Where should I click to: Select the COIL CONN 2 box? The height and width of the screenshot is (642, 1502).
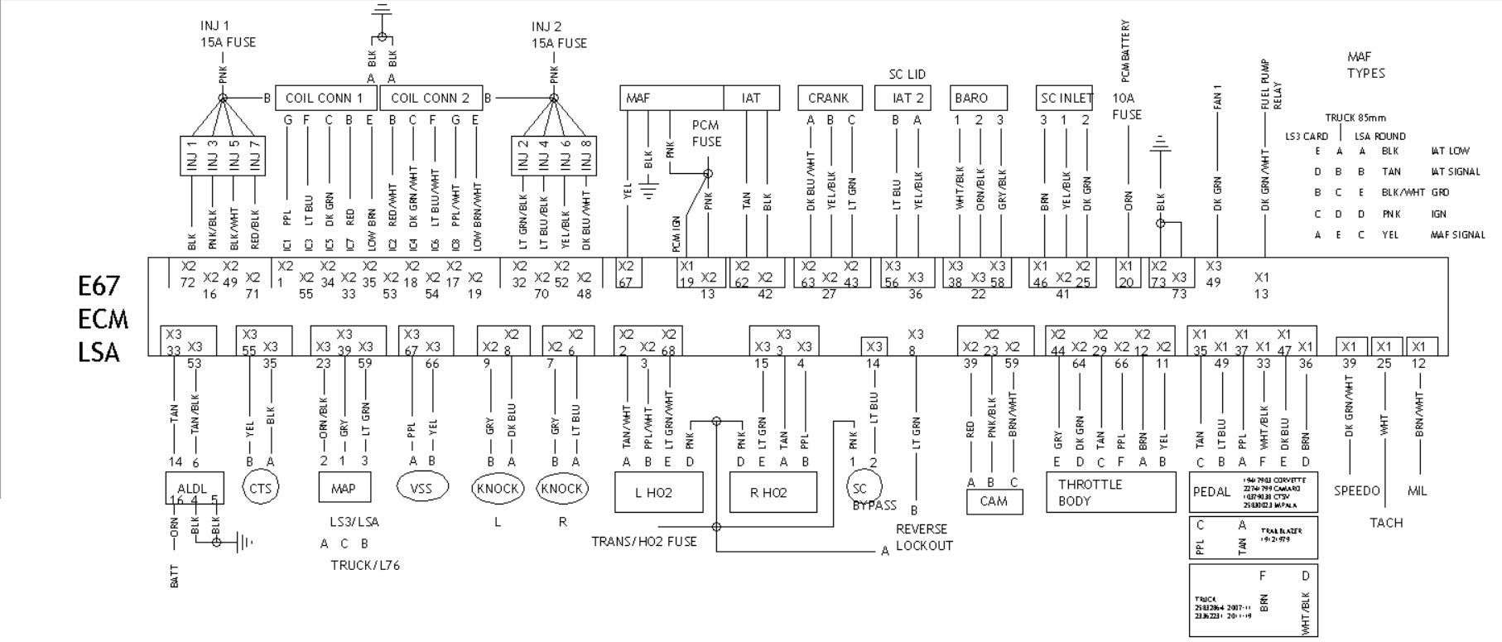(431, 99)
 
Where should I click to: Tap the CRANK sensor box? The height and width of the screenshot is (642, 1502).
(830, 98)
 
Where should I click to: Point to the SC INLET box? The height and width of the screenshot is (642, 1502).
(1065, 98)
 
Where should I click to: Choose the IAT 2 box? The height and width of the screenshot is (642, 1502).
(907, 98)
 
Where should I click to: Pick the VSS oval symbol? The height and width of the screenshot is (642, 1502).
(422, 487)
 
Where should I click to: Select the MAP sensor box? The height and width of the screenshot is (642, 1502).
(344, 488)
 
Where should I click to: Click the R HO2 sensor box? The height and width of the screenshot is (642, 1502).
(772, 492)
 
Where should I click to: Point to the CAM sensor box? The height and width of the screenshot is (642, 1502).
(994, 501)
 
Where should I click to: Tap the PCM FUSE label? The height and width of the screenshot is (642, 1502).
(706, 133)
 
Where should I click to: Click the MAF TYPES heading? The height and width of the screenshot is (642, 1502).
(1365, 65)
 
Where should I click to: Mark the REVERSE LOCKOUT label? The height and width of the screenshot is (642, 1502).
(924, 537)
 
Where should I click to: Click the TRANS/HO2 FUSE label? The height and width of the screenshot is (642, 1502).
(643, 542)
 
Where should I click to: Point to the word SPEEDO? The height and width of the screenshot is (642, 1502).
(1356, 491)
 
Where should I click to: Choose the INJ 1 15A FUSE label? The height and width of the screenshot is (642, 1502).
(228, 34)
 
